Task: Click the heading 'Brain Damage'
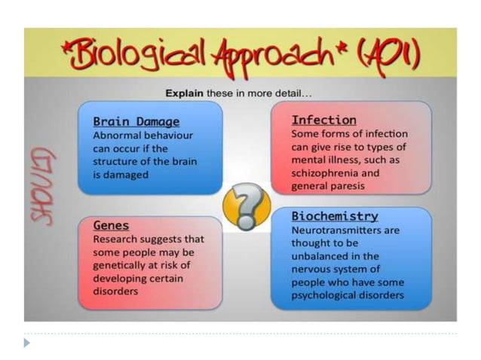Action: pyautogui.click(x=136, y=121)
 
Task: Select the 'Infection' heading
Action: pyautogui.click(x=323, y=120)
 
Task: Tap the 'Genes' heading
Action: pyautogui.click(x=111, y=224)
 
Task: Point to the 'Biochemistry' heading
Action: pyautogui.click(x=335, y=216)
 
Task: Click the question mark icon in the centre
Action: pyautogui.click(x=247, y=205)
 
